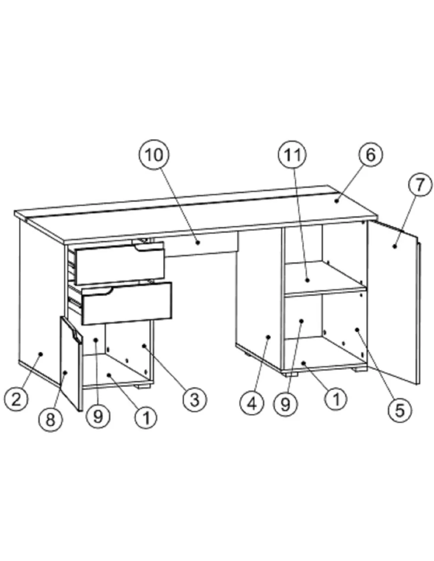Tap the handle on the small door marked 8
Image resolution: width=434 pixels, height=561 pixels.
tap(75, 333)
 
